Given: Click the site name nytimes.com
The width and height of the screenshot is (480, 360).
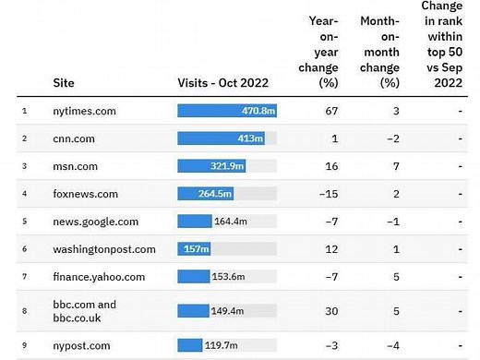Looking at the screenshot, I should coord(84,111).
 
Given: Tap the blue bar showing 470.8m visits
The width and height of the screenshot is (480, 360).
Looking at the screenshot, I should coord(227,111).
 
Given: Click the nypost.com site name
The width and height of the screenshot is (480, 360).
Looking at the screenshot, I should coord(82,345).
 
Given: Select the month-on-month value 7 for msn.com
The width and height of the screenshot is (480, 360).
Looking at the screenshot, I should coord(394,166).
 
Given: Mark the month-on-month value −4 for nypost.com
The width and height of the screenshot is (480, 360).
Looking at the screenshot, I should coord(391,345).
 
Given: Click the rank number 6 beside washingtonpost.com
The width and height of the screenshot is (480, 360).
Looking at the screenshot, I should coord(24,249).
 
